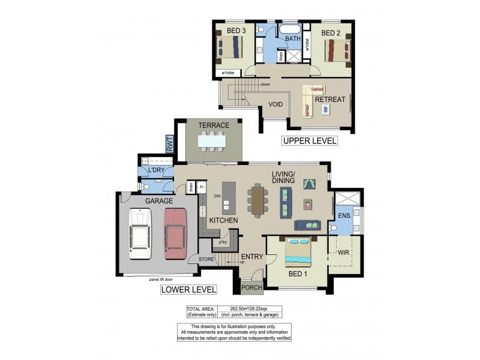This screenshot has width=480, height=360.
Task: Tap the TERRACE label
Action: tap(214, 125)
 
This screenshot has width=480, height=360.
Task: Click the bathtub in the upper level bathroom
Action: tap(293, 29)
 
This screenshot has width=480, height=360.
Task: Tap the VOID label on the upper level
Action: tap(275, 104)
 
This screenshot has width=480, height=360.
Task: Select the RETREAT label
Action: tap(330, 100)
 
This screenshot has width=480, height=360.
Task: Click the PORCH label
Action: tap(251, 288)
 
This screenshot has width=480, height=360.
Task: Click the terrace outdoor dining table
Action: tap(213, 141)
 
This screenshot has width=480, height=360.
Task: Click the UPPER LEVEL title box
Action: tap(310, 142)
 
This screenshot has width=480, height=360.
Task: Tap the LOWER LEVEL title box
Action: tap(188, 290)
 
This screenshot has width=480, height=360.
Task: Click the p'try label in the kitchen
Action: tap(223, 243)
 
